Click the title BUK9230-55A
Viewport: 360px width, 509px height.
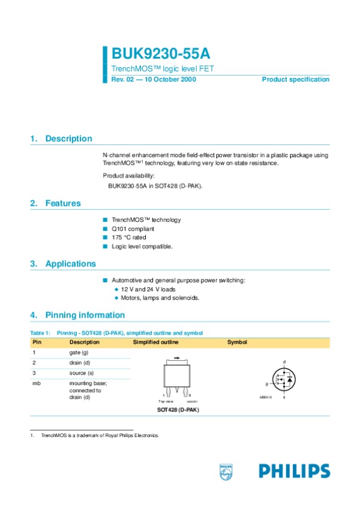(152, 56)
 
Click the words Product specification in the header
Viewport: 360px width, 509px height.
(295, 80)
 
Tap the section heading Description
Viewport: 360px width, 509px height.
(68, 138)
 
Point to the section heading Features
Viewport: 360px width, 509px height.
(63, 203)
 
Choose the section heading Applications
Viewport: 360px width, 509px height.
(70, 264)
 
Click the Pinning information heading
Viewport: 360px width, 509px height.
(85, 315)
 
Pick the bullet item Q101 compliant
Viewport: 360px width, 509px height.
(133, 229)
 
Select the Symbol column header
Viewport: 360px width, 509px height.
(237, 342)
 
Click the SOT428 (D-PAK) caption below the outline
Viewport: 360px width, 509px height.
(178, 410)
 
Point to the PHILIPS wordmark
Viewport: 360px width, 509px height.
(294, 471)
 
